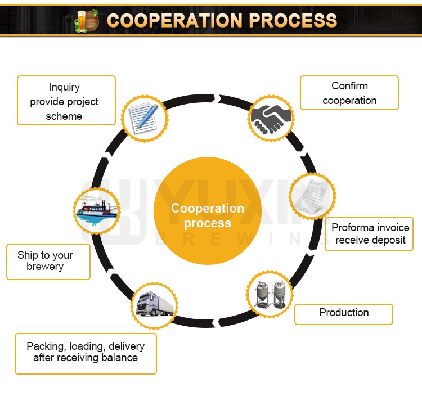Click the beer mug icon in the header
tap(87, 20)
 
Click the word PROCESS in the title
tap(293, 20)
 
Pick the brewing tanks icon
tap(270, 293)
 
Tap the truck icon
tap(154, 305)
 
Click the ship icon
tap(97, 210)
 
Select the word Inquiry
tap(64, 87)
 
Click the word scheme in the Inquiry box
tap(64, 116)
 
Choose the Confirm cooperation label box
tap(349, 93)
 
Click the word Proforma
tap(353, 228)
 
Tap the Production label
tap(344, 313)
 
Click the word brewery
tap(45, 267)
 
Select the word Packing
tap(44, 346)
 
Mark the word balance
tap(120, 358)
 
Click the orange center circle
tap(208, 211)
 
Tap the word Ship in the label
tap(28, 255)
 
